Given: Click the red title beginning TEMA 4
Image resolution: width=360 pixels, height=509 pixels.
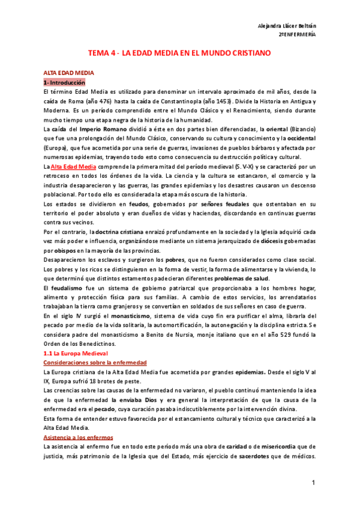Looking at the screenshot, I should [x=180, y=53].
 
